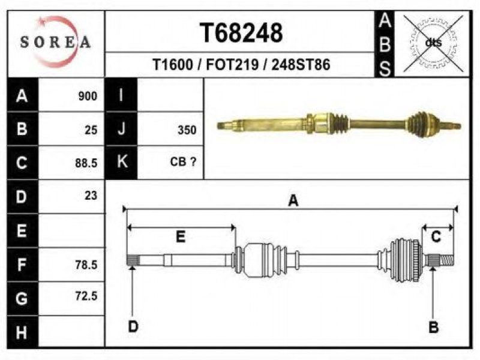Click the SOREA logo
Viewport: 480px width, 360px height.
(55, 42)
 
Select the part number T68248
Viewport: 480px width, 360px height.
(241, 33)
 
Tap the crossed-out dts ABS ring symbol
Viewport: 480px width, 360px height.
(433, 43)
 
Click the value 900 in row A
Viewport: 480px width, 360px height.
(88, 96)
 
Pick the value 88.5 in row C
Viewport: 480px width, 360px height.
(86, 163)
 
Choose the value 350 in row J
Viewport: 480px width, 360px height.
(187, 130)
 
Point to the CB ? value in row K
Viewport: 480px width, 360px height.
(183, 161)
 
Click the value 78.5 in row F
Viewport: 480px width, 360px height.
(86, 265)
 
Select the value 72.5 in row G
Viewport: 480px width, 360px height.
(86, 296)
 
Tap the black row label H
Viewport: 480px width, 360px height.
(22, 332)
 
